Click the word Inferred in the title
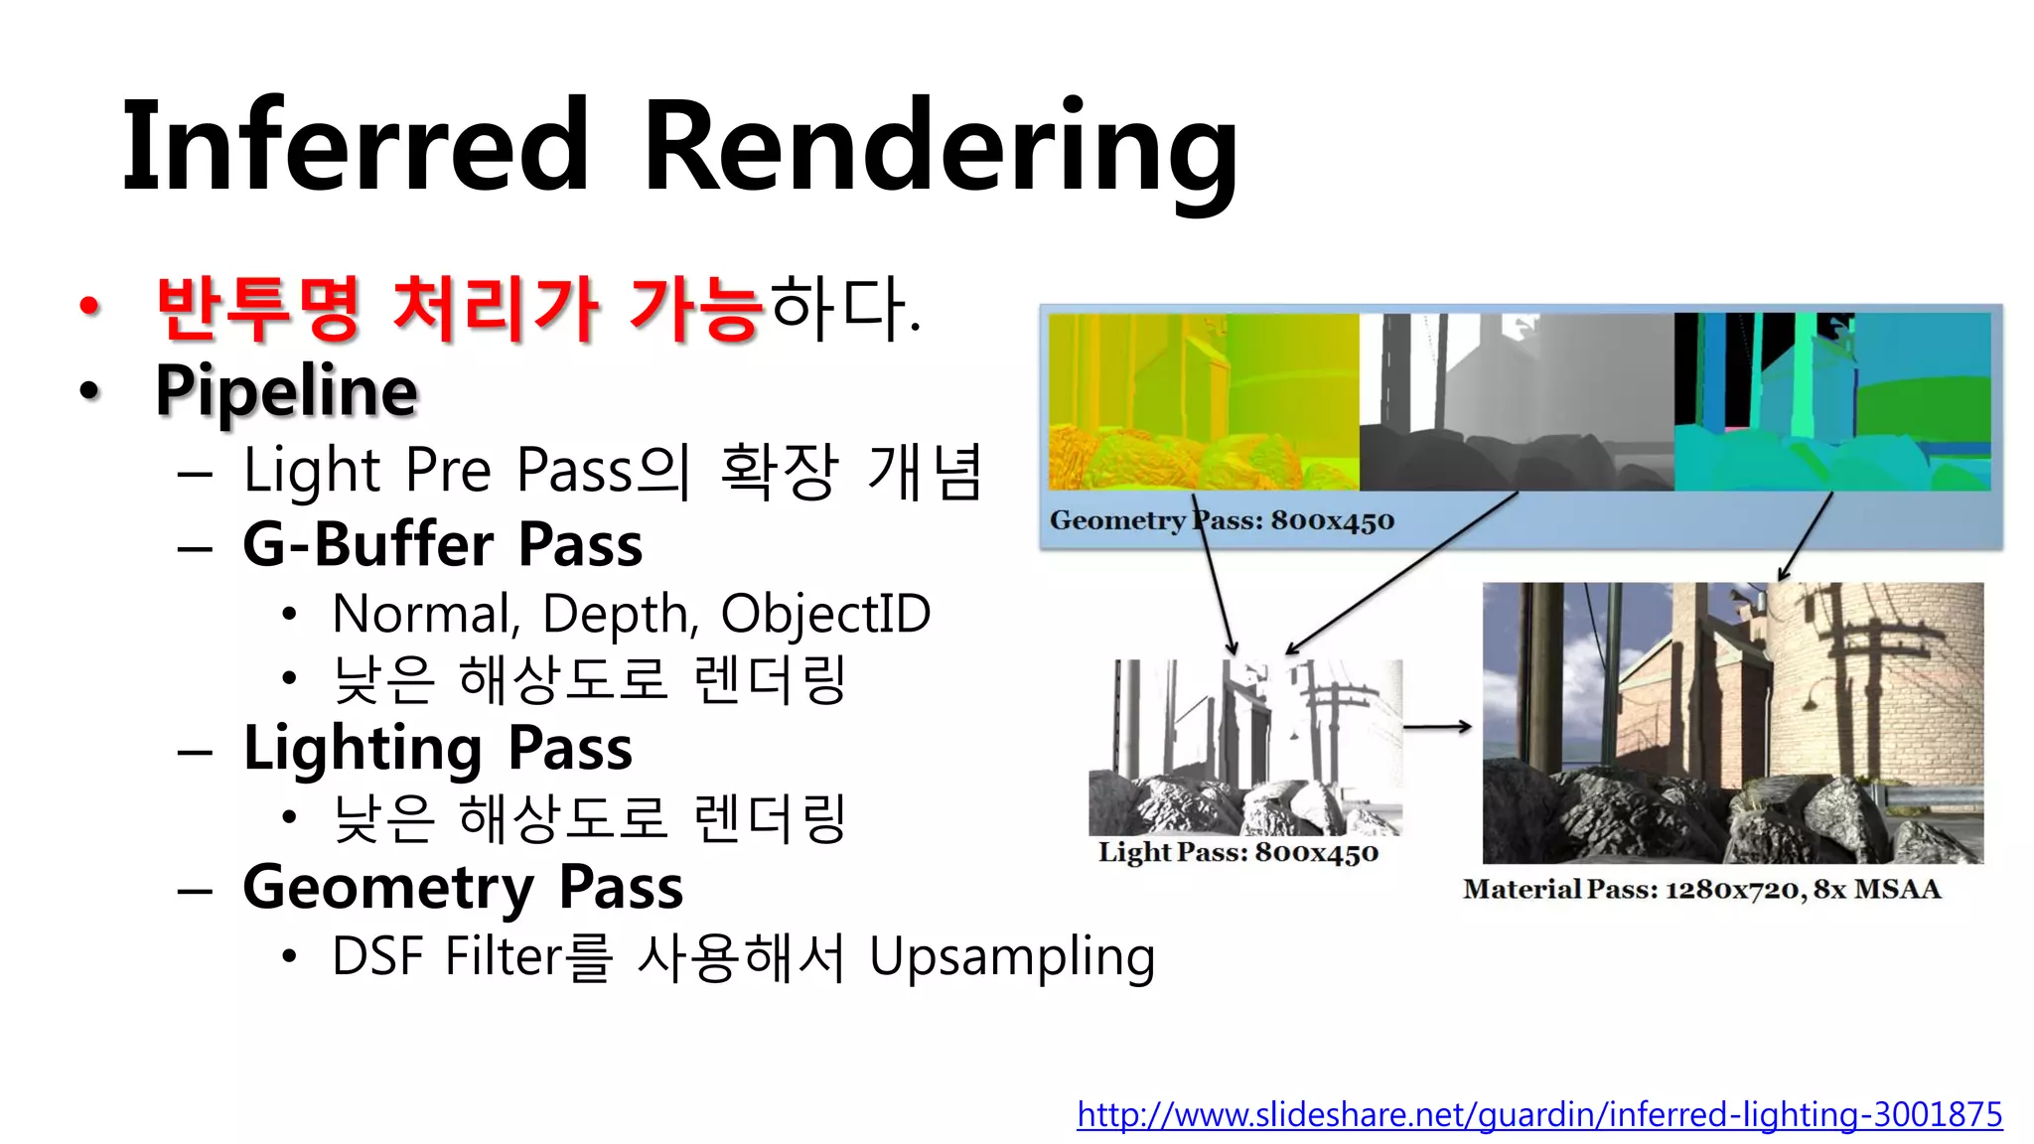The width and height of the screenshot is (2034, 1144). coord(356,147)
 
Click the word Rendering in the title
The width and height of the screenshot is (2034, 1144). coord(939,149)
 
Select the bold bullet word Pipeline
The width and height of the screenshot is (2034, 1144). coord(286,391)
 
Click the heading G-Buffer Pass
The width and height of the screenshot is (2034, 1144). coord(442,545)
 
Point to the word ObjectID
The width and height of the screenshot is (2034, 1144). coord(825,614)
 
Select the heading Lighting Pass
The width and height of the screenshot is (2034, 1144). coord(437,749)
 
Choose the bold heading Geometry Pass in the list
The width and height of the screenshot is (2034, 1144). coord(463,887)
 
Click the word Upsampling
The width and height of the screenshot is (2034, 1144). coord(1011,958)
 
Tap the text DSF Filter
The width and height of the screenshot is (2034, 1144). coord(447,956)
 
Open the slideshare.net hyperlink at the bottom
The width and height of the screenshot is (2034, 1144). coord(1538,1114)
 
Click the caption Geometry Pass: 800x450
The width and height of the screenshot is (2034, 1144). coord(1222,520)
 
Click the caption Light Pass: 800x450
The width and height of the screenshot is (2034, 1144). coord(1237,852)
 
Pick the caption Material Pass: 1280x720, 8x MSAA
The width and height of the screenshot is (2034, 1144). coord(1700,889)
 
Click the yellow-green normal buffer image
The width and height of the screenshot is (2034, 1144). coord(1203,401)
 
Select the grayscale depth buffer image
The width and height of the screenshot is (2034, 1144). coord(1516,401)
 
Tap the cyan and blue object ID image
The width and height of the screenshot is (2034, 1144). coord(1831,401)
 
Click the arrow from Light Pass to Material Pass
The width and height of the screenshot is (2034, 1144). coord(1437,727)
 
